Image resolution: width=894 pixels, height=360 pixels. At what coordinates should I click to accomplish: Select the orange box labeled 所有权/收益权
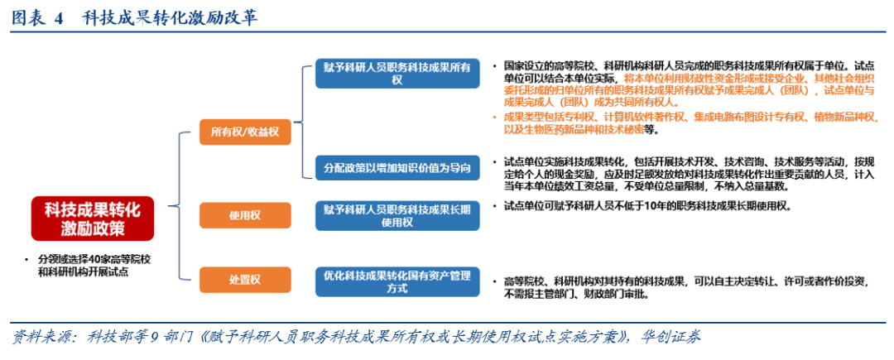click(x=245, y=131)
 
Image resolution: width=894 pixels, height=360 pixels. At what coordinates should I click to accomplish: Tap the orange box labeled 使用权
click(x=245, y=216)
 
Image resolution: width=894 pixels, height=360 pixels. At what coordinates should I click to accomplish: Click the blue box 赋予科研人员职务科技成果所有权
click(x=397, y=73)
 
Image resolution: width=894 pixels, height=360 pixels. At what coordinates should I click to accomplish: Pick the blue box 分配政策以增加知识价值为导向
click(x=397, y=167)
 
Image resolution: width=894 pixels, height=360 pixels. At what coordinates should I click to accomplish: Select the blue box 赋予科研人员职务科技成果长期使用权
click(x=397, y=215)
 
